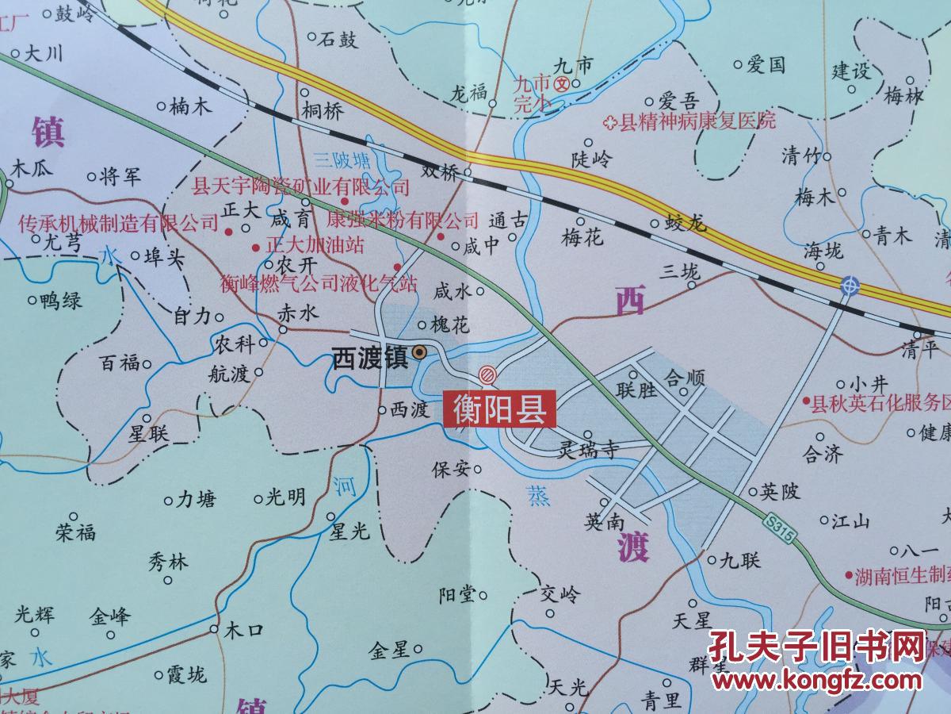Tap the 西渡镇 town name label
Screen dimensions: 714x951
(x=369, y=359)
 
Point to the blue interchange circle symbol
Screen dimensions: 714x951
(x=849, y=284)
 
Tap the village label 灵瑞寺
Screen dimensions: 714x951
(x=587, y=449)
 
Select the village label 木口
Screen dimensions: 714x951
(x=243, y=631)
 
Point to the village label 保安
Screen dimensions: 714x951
(x=450, y=468)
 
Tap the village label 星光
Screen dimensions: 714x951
(x=350, y=532)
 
